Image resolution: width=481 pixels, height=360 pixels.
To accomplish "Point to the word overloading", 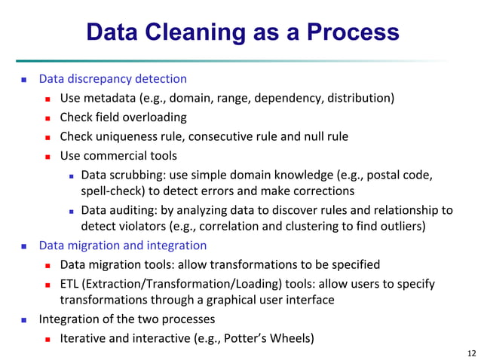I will (154, 117).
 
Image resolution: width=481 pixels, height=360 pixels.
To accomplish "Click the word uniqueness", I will (124, 136).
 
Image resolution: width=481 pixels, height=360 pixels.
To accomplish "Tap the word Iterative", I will (84, 337).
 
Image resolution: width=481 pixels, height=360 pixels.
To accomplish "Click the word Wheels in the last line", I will (291, 337).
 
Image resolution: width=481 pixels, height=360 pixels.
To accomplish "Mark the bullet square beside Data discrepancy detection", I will (24, 79).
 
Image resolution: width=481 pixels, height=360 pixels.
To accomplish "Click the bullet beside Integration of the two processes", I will (24, 319).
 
